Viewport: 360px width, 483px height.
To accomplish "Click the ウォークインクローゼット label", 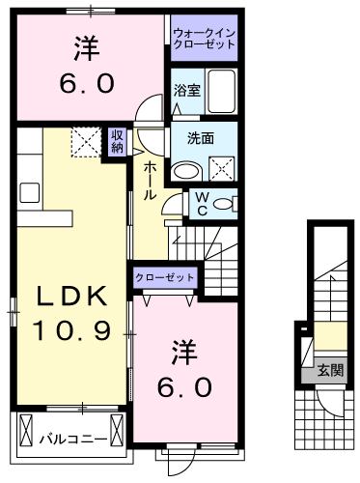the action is [204, 38].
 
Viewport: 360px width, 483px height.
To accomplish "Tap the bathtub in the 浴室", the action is [222, 91].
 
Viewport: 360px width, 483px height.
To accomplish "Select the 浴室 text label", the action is [187, 90].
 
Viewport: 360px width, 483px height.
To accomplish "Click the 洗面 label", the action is [201, 138].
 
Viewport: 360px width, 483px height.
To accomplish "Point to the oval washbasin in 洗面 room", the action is [186, 171].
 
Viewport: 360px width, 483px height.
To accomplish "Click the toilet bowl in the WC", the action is [223, 204].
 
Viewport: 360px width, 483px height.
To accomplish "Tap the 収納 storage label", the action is [117, 142].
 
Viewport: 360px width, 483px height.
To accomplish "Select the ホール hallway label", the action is [150, 181].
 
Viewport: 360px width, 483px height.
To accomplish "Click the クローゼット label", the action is [165, 277].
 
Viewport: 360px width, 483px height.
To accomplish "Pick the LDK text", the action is [72, 296].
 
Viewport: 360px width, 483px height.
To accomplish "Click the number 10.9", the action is [71, 330].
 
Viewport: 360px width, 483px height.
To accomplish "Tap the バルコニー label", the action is [73, 439].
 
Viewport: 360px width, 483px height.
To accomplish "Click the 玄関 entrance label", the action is [331, 370].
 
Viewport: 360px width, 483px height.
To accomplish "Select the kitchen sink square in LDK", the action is [30, 192].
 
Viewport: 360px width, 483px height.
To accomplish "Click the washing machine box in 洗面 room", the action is [222, 168].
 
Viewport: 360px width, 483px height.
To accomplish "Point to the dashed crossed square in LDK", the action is [87, 142].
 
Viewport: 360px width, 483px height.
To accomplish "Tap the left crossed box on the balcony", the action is [26, 430].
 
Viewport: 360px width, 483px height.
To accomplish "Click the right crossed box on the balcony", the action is [117, 430].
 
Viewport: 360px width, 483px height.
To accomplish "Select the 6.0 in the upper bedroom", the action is [87, 83].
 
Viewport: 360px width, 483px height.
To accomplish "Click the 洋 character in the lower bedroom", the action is [184, 352].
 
